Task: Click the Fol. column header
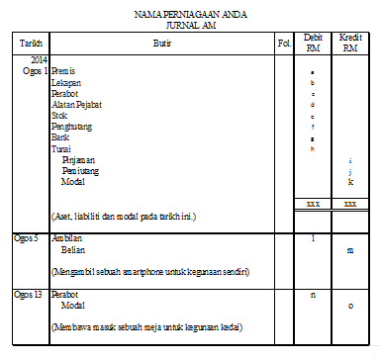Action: (x=283, y=44)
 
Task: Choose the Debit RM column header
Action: (x=313, y=44)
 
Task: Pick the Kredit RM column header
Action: (x=349, y=44)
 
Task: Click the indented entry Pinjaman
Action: (x=78, y=159)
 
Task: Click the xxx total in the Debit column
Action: (x=313, y=204)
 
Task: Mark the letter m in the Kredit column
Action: (x=349, y=250)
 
